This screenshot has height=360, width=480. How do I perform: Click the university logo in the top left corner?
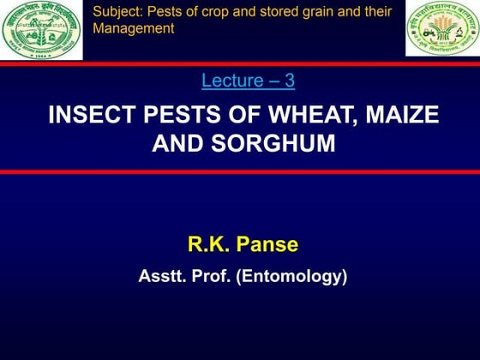click(x=41, y=30)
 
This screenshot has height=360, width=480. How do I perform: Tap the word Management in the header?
click(x=133, y=28)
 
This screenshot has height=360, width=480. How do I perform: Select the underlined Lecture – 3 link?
click(x=249, y=81)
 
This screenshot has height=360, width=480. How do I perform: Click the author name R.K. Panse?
click(x=243, y=244)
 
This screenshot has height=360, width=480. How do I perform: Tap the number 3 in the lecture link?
click(x=290, y=81)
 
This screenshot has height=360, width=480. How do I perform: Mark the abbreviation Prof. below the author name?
click(x=209, y=277)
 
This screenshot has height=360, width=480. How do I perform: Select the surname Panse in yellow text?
click(x=268, y=244)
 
